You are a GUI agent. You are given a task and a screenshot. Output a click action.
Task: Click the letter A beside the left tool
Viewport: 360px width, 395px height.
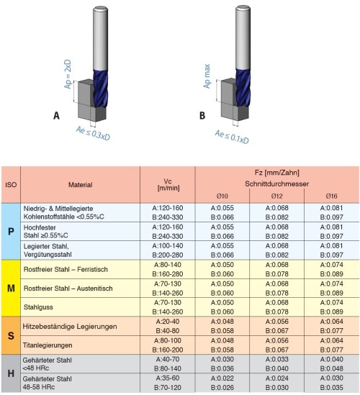(x=56, y=116)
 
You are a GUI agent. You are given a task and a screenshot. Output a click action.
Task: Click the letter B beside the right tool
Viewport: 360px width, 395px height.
(x=202, y=116)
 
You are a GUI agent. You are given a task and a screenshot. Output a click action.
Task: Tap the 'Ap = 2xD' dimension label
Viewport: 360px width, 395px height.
(x=68, y=74)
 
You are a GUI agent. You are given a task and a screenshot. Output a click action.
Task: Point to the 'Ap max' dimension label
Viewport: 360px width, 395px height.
(x=207, y=76)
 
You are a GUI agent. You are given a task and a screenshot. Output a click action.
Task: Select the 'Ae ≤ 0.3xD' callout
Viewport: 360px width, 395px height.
(x=94, y=133)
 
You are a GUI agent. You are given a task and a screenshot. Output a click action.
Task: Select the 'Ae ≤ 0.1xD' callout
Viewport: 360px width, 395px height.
(x=232, y=137)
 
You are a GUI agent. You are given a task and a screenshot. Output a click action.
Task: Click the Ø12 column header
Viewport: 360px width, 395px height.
(x=276, y=196)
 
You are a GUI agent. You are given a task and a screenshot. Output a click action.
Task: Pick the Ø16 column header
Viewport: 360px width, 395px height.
(x=331, y=196)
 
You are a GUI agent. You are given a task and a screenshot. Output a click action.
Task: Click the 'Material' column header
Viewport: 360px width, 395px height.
(x=81, y=185)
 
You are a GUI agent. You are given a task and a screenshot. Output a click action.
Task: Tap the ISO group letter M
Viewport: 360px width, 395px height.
(x=11, y=289)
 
